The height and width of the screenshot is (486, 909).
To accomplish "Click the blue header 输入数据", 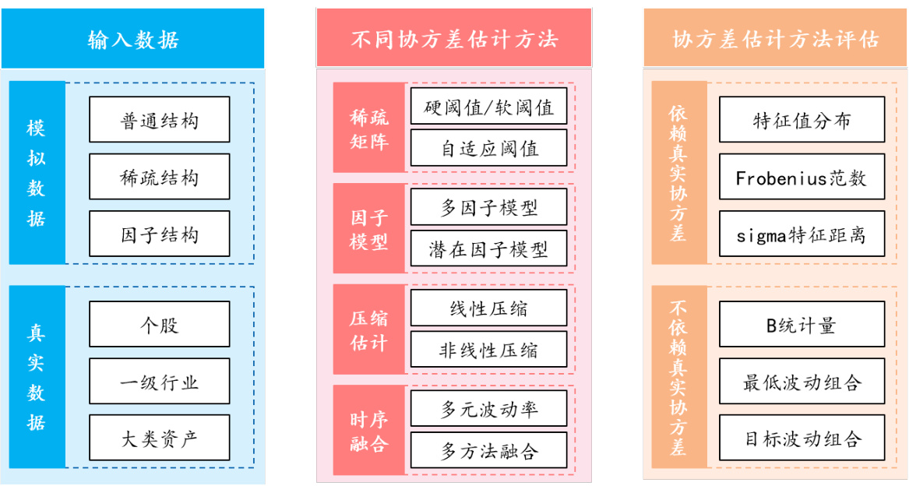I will [x=132, y=39].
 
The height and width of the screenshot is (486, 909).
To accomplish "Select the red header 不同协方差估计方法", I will [x=454, y=39].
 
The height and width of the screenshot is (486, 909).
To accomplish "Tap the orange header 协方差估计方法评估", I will [x=775, y=39].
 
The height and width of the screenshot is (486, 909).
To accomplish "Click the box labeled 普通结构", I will [x=160, y=120].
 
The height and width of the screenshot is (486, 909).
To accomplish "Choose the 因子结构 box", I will [x=160, y=234].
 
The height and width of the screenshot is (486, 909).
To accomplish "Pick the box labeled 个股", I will [x=160, y=324].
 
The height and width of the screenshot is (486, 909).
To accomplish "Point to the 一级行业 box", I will [x=160, y=381].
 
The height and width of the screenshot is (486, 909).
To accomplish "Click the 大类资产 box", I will [x=160, y=438].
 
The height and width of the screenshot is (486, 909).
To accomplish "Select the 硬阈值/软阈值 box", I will [x=489, y=107].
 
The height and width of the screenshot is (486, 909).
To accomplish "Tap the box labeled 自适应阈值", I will [x=489, y=148].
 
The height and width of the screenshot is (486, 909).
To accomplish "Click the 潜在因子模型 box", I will [x=489, y=249].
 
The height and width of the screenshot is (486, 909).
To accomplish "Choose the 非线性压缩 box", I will [x=489, y=350].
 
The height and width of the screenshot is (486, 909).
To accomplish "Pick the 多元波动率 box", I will [x=489, y=409].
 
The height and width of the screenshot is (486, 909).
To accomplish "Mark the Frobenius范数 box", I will [x=802, y=178].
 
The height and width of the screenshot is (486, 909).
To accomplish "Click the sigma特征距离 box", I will [x=802, y=234].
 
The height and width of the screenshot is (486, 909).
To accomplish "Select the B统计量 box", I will [x=802, y=325].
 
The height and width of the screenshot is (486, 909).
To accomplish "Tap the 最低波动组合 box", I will [x=802, y=382].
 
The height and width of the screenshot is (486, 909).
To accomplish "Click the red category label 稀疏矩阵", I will [x=369, y=128].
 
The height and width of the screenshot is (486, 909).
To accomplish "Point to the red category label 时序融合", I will [x=369, y=430].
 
